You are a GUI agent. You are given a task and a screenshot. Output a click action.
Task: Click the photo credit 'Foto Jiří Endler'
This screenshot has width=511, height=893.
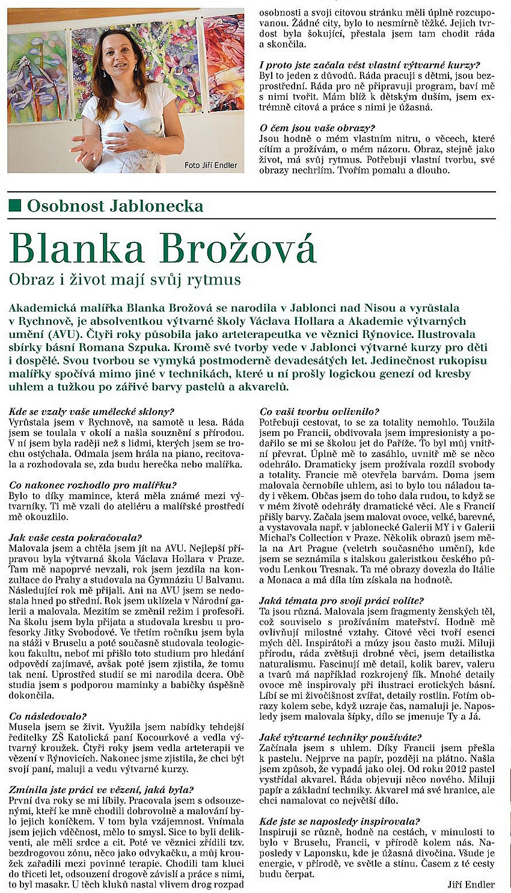coord(210,165)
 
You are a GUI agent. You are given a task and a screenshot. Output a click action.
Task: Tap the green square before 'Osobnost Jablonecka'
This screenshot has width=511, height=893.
coord(15,206)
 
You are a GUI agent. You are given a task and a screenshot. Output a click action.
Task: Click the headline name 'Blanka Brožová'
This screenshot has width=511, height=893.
coord(163,247)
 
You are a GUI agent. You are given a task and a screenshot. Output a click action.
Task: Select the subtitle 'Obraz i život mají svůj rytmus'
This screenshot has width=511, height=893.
coord(124,280)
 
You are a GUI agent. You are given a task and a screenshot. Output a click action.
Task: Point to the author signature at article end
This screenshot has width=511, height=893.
coord(471,884)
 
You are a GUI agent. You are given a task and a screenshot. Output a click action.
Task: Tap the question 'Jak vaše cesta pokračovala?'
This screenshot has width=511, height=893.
coord(75,538)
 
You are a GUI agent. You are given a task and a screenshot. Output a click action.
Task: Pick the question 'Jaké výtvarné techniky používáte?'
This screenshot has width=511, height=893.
coord(340,737)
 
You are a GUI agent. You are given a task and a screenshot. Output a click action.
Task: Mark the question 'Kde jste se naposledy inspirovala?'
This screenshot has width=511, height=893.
coord(340,821)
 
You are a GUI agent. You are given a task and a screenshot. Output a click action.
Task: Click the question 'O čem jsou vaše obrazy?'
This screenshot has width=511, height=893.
coord(317,128)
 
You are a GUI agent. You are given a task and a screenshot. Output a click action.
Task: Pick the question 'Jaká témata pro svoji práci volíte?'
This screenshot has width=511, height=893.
coord(341,600)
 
